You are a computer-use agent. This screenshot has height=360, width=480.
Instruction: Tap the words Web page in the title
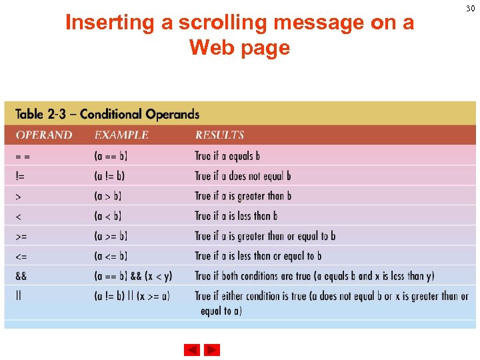point(239,48)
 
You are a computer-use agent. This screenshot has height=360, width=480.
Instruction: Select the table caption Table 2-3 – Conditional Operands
point(107,114)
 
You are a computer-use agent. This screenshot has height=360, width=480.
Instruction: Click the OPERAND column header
point(44,135)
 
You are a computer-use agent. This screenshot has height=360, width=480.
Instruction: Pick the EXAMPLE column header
point(121,135)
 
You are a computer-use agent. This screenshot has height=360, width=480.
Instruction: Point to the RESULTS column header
point(219,135)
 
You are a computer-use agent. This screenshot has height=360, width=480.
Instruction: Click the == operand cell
point(23,156)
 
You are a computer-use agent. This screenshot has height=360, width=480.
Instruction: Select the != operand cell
point(21,176)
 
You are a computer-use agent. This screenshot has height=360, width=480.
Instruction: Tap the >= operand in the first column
point(22,236)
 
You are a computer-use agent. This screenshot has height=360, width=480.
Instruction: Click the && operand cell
point(21,276)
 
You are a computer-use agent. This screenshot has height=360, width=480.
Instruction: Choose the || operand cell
point(19,296)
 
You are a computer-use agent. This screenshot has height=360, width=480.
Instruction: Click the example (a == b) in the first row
point(111,156)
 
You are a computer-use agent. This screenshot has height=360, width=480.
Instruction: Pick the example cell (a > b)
point(108,196)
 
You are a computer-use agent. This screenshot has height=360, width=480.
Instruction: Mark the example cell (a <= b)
point(111,256)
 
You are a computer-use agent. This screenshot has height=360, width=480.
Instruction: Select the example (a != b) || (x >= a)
point(132,296)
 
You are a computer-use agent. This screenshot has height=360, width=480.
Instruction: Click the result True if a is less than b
point(236,216)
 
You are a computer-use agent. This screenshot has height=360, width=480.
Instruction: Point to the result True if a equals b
point(227,156)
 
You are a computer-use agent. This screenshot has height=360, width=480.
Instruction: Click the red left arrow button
point(191,350)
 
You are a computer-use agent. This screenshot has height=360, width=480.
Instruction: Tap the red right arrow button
point(212,350)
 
